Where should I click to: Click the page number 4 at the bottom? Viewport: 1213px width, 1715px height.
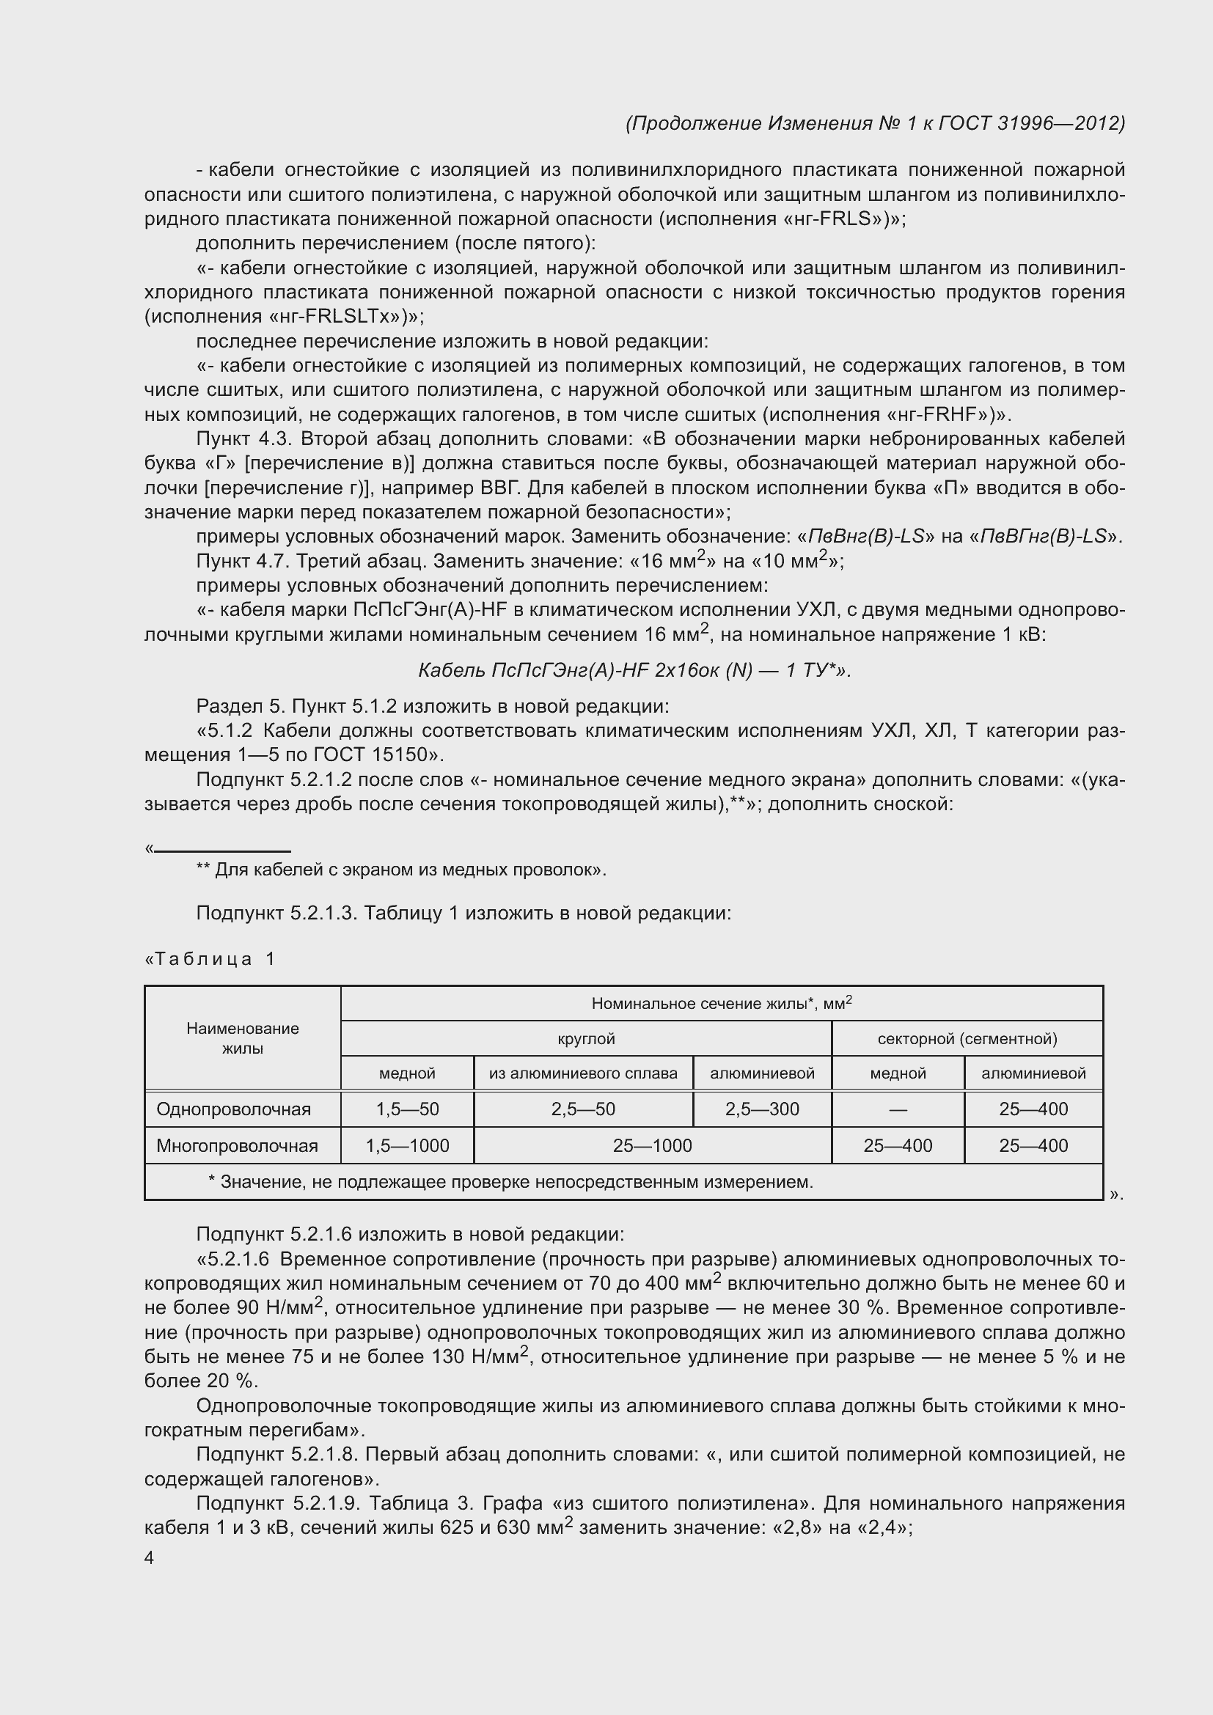pos(150,1557)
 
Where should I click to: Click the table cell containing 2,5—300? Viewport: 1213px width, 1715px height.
pos(762,1109)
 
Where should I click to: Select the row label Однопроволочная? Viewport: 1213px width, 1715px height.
pos(233,1109)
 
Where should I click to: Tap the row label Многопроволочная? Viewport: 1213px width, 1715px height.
pos(237,1146)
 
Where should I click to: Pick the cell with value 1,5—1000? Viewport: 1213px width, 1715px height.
pos(407,1146)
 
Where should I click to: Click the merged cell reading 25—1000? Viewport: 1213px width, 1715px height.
pos(652,1146)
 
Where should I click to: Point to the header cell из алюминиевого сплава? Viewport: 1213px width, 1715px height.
pos(583,1073)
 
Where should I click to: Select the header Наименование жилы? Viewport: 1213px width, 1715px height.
pos(243,1038)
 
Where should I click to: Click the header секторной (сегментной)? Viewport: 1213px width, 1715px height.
pos(967,1038)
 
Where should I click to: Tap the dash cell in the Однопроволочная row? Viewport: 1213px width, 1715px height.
pos(898,1110)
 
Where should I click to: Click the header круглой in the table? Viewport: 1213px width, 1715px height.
pos(587,1038)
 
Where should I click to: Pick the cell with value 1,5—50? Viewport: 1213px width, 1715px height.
pos(407,1109)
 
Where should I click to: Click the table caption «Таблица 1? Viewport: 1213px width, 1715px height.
pos(210,959)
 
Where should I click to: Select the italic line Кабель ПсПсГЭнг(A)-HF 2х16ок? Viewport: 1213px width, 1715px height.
pos(635,671)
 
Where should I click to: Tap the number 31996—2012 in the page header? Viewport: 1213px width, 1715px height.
pos(1060,123)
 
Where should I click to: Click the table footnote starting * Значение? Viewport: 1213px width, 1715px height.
pos(510,1182)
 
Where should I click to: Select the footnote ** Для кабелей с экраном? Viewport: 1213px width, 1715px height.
pos(401,870)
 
